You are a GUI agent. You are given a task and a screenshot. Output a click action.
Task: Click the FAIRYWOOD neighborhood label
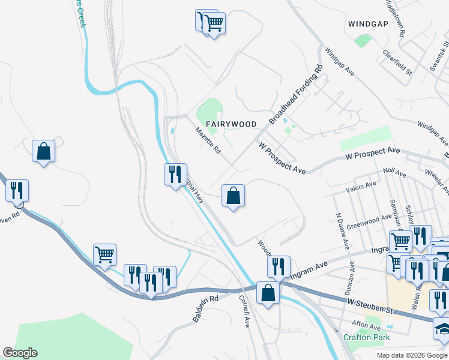[x=231, y=124]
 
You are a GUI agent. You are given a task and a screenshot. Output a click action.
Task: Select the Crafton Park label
[x=366, y=337]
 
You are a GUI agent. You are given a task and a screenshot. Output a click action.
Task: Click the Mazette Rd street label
[x=208, y=140]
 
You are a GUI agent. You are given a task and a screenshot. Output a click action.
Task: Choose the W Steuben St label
[x=369, y=307]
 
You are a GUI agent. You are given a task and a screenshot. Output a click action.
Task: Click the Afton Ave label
[x=367, y=328]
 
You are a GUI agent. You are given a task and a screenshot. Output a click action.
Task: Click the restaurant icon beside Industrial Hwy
[x=175, y=175]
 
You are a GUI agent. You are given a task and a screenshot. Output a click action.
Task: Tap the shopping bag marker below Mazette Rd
[x=233, y=196]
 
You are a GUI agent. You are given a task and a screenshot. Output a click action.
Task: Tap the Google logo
[x=20, y=353]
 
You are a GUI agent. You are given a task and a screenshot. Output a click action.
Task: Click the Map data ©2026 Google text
[x=411, y=355]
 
